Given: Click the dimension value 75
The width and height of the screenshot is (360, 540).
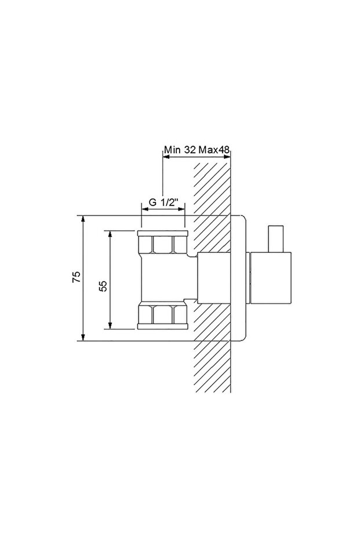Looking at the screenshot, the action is (77, 277).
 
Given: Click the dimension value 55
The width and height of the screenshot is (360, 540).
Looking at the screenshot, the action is (103, 285).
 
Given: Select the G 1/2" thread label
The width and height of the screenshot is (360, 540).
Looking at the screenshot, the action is (164, 202).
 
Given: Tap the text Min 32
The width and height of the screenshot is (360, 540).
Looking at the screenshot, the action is (180, 150).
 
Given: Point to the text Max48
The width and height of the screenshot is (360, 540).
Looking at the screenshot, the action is (214, 150).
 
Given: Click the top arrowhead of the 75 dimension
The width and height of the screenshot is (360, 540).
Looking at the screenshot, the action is (83, 219).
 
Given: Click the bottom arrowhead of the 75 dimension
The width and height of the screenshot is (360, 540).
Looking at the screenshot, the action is (83, 337).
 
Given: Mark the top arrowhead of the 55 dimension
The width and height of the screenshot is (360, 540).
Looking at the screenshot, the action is (110, 234).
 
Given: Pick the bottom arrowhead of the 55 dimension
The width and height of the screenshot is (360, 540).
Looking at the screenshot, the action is (110, 325).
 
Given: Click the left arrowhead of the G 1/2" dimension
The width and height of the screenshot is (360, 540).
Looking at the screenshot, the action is (146, 209).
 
